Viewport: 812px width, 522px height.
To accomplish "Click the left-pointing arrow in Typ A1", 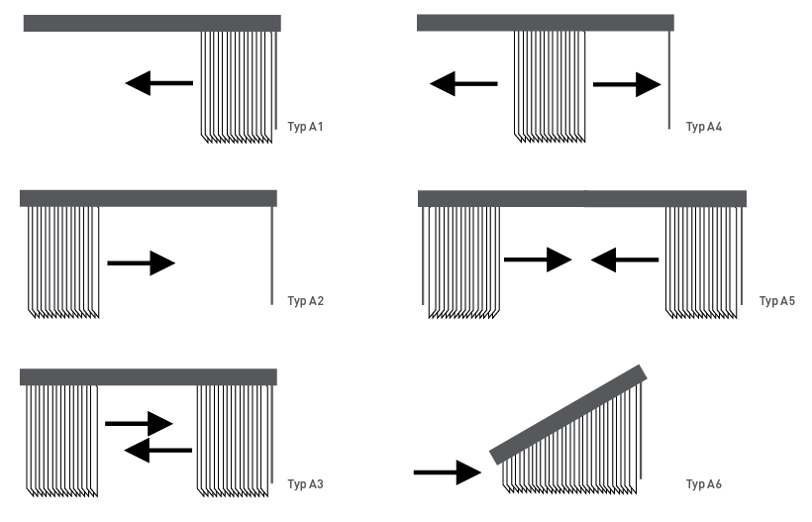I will coord(158,83).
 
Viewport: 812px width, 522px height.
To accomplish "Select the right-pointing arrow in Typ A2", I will coord(141,263).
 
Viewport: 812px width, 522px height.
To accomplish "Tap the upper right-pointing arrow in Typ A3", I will coord(139,423).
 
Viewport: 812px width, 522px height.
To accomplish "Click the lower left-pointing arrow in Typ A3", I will coord(158,451).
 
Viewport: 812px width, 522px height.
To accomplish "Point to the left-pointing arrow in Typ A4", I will coord(463,84).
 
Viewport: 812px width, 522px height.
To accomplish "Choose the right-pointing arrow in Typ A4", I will coord(627,85).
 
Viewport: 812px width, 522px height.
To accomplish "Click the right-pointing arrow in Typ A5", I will coord(538,260).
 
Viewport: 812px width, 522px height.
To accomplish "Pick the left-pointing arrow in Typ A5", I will coord(625,260).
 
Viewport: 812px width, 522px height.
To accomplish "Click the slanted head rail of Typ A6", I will coord(569,415).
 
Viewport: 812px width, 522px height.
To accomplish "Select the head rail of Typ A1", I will coord(152,23).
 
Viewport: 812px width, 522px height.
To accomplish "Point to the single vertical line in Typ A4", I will coord(670,79).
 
